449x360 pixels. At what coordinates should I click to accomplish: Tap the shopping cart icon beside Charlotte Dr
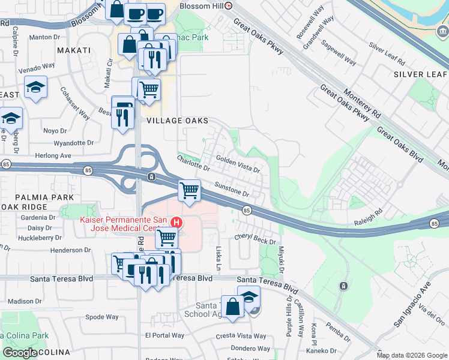[x=190, y=191]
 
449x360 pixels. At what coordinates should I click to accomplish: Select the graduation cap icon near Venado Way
[x=36, y=88]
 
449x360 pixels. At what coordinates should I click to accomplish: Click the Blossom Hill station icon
[x=229, y=5]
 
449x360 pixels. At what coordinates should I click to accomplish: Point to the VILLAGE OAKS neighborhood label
[x=178, y=121]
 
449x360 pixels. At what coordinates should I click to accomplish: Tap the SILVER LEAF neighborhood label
[x=420, y=74]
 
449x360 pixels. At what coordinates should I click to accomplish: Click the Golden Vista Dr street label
[x=238, y=165]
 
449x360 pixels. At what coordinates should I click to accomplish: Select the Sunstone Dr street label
[x=232, y=190]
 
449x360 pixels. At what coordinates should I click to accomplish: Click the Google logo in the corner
[x=20, y=353]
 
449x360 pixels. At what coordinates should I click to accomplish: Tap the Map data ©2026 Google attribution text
[x=412, y=355]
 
